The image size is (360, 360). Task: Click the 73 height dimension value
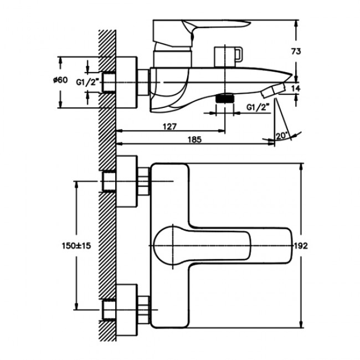[x=296, y=52]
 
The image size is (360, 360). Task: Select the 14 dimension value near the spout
[x=295, y=89]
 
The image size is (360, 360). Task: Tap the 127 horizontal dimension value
[x=169, y=126]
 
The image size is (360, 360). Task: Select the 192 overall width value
[x=301, y=246]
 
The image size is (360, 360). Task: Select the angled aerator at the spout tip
[x=274, y=91]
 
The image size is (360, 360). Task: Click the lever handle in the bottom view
[x=222, y=245]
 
